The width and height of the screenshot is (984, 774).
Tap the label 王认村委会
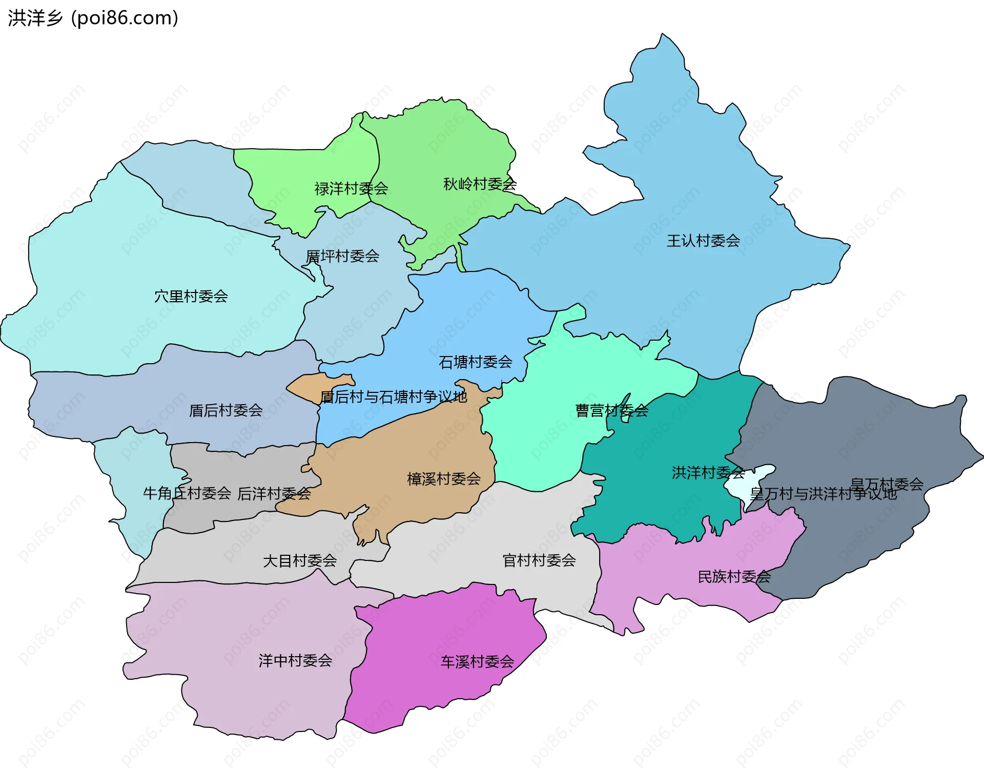click(703, 241)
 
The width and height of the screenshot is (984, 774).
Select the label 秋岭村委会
click(480, 184)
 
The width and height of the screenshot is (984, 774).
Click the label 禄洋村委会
click(351, 189)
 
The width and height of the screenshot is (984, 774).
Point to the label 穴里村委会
click(191, 297)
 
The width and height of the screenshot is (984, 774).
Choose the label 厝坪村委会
click(342, 256)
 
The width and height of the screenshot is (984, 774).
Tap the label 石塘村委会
click(476, 363)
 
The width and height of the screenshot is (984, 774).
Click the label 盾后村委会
click(226, 410)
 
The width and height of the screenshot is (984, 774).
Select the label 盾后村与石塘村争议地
click(394, 397)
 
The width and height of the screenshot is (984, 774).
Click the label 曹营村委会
click(612, 411)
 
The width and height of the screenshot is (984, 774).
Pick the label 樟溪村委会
click(444, 479)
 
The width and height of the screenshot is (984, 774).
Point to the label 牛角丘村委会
click(187, 493)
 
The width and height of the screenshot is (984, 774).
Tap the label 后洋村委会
click(274, 494)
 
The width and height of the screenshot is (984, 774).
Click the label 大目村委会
click(300, 561)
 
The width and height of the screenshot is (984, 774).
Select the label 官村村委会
click(539, 560)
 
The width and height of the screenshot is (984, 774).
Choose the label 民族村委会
click(734, 577)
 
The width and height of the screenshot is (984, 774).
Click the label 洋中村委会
click(295, 661)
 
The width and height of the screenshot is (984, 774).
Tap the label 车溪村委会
click(477, 662)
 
